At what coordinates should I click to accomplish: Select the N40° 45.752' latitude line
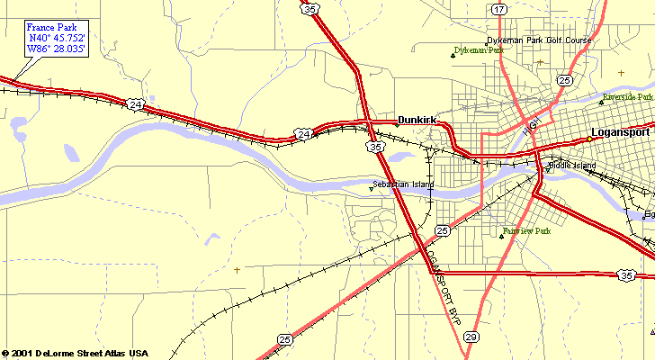pos(58,39)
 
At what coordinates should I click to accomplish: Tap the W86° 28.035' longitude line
pos(57,50)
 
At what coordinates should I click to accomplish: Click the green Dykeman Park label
pos(479,50)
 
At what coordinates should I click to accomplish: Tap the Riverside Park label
pos(628,96)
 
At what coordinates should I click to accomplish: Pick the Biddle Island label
pos(572,166)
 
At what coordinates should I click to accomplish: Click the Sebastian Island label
pos(403,184)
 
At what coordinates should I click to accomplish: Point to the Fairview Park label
pos(526,231)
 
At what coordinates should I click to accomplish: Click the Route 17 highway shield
pos(499,9)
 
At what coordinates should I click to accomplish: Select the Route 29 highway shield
pos(471,337)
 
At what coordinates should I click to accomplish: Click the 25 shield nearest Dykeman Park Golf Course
pos(564,80)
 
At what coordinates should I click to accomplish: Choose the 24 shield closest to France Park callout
pos(135,105)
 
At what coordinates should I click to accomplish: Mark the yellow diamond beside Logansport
pos(588,139)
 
